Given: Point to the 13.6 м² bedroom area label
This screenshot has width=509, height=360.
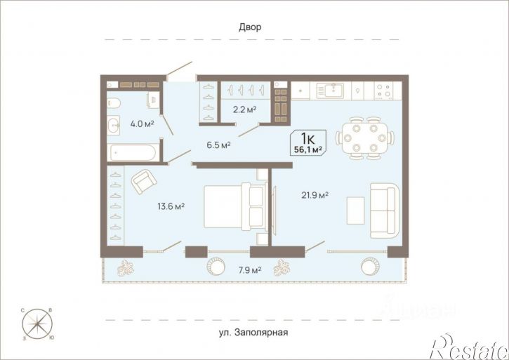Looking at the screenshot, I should [x=170, y=206].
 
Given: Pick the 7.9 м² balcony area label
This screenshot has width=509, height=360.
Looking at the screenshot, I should [x=249, y=269].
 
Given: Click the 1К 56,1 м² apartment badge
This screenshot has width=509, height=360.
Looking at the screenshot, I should [x=308, y=142].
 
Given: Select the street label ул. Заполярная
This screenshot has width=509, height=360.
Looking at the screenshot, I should [x=253, y=333].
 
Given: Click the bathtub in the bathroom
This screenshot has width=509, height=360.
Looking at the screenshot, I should [x=133, y=152].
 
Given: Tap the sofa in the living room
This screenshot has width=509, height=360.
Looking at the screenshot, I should [x=384, y=210].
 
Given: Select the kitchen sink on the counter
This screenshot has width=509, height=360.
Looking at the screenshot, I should [x=329, y=91].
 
